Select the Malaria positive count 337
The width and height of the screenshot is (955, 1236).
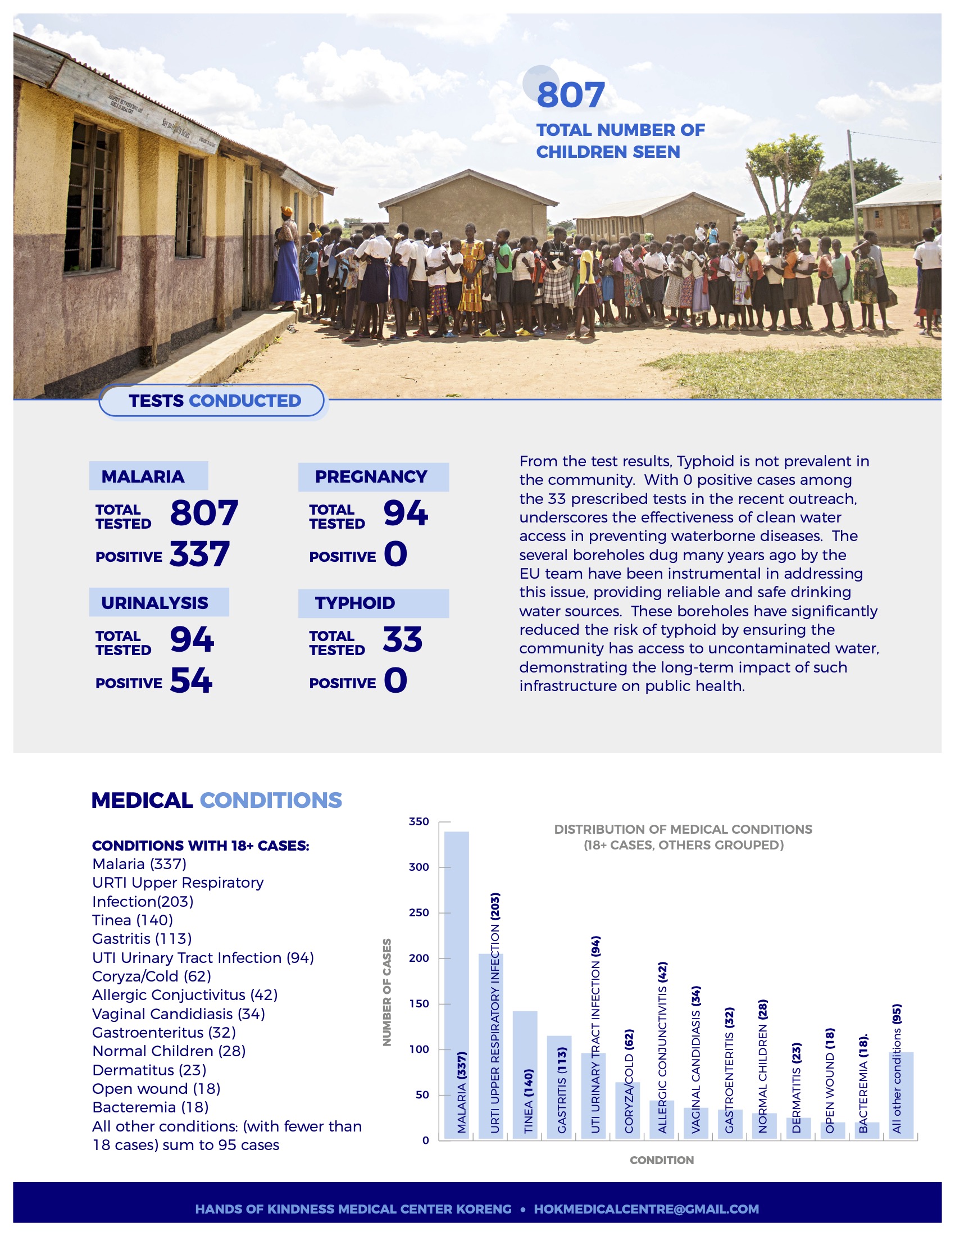(x=200, y=554)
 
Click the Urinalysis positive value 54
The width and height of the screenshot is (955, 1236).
(x=191, y=680)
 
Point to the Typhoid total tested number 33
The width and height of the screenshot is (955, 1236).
(x=402, y=639)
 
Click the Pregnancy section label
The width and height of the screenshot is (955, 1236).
(x=371, y=476)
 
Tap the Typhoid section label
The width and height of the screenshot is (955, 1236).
(x=355, y=603)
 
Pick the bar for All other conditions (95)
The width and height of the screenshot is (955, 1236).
(x=901, y=1094)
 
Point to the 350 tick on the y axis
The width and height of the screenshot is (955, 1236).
(x=419, y=821)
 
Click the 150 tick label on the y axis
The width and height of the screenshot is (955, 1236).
(x=419, y=1003)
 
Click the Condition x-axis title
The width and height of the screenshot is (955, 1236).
(x=661, y=1160)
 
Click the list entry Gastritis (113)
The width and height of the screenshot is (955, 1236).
(x=142, y=939)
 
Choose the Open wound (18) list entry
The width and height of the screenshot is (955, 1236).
(x=156, y=1089)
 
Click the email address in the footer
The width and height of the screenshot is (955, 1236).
(x=646, y=1209)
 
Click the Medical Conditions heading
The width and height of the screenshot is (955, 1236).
(x=217, y=800)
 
